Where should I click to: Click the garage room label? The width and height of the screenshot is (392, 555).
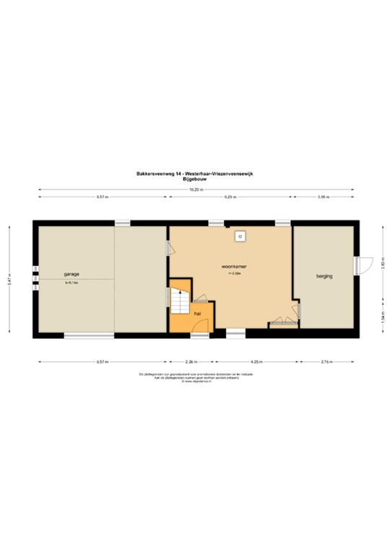coord(71,275)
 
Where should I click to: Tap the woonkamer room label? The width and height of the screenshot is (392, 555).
coord(235,266)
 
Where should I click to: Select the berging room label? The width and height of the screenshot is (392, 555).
coord(324,277)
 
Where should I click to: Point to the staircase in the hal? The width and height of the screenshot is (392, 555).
coord(179,298)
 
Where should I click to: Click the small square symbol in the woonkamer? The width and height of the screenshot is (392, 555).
coord(239,236)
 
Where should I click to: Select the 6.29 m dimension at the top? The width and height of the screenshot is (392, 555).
coord(231,197)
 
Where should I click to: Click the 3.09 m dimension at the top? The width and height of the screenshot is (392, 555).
coord(323,197)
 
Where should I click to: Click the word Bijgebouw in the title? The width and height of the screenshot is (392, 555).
coord(196,178)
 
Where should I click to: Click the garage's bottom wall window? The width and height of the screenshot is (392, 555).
coord(89,335)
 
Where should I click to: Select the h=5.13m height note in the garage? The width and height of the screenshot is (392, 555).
coord(71,283)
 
